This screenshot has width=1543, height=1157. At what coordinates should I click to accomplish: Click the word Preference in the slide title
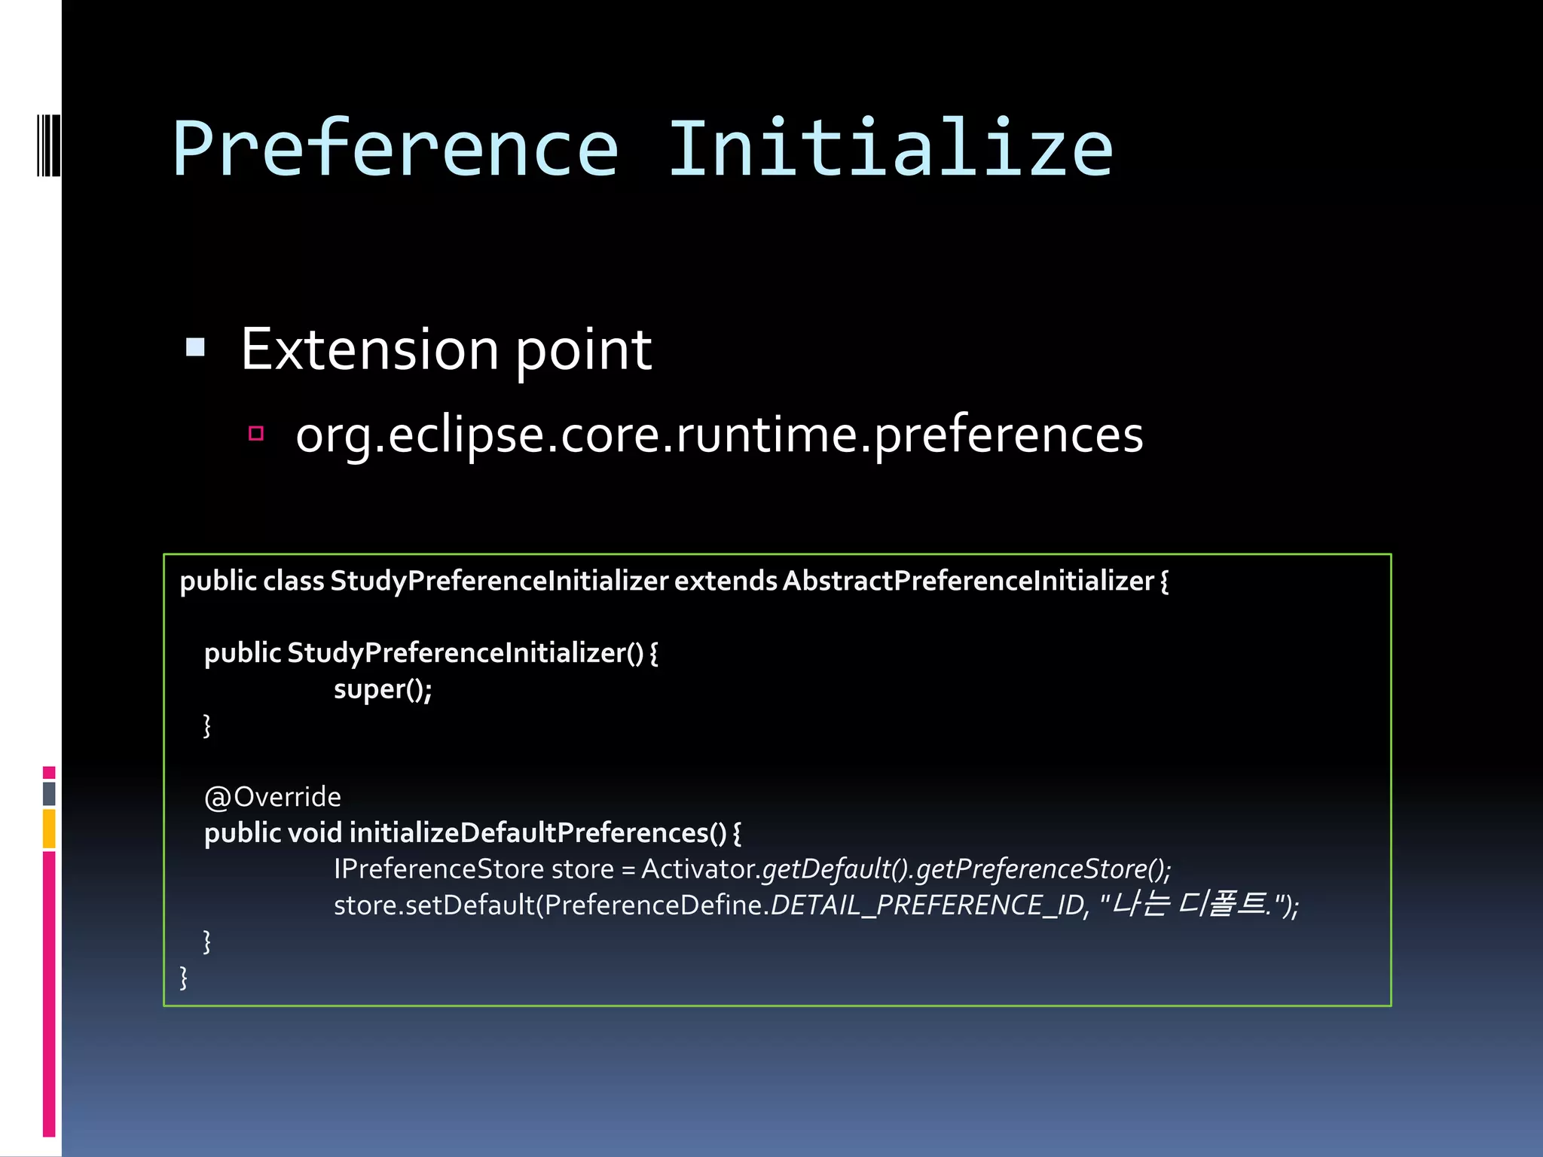(x=396, y=149)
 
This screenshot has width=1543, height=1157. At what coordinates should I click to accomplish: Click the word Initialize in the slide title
(x=891, y=149)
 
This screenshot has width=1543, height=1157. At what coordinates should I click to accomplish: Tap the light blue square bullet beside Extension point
(x=195, y=346)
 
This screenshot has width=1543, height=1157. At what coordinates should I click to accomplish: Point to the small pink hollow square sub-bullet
(x=256, y=433)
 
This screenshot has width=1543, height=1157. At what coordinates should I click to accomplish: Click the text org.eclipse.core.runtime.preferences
(x=719, y=435)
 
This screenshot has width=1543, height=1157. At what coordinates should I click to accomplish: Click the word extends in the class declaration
(x=725, y=581)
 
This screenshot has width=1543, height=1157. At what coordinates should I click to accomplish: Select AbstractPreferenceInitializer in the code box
(x=968, y=581)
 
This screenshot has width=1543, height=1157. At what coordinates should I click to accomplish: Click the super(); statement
(x=383, y=689)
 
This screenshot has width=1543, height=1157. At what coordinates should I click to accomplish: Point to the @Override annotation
(x=273, y=797)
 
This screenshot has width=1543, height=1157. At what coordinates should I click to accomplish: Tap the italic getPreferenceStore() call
(x=1043, y=869)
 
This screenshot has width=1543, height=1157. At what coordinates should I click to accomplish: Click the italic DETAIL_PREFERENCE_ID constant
(x=927, y=905)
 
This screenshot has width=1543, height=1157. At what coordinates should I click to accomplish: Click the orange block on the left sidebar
(x=49, y=829)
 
